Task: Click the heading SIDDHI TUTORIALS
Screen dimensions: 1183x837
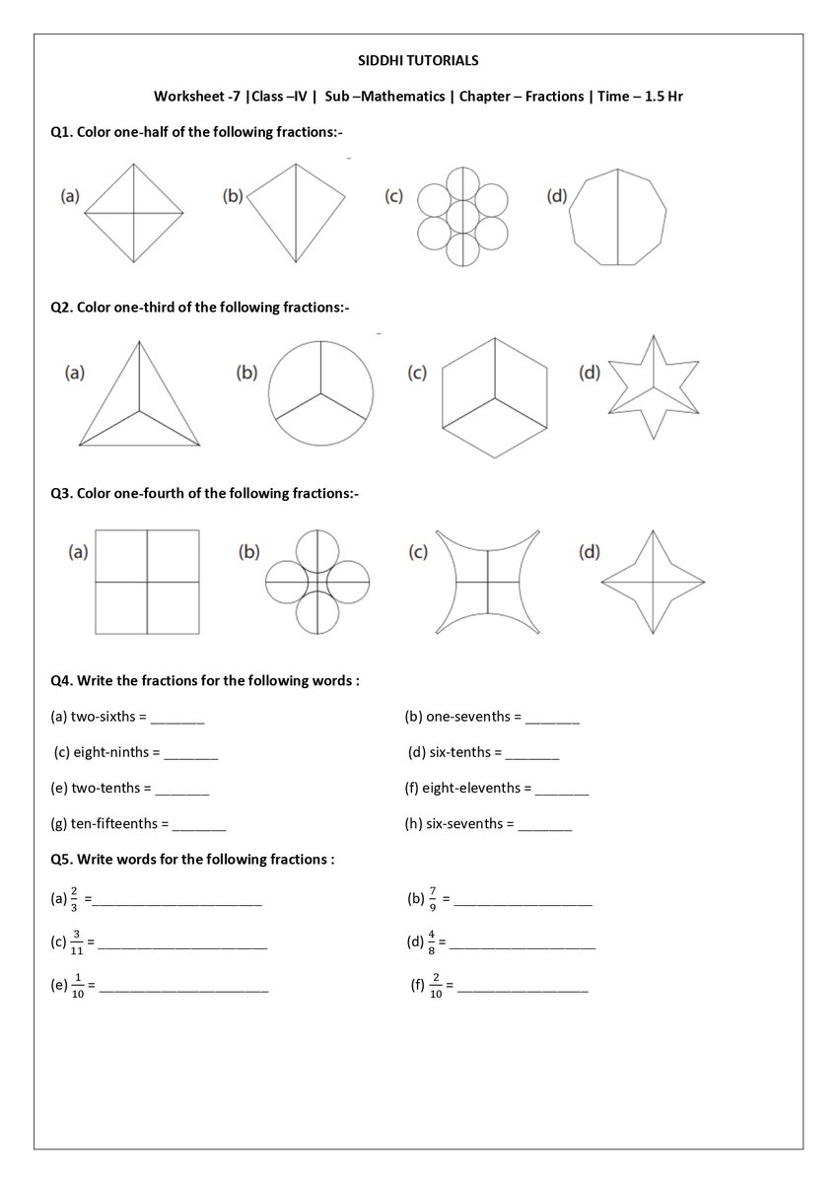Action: click(418, 61)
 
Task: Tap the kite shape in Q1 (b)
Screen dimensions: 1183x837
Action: click(296, 212)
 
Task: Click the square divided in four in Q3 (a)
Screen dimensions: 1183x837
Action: click(147, 582)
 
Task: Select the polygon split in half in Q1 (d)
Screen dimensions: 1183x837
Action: click(618, 217)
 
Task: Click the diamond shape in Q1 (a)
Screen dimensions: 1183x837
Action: click(134, 212)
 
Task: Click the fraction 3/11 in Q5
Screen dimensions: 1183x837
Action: click(77, 942)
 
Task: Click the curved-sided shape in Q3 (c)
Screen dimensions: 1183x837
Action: click(487, 582)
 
